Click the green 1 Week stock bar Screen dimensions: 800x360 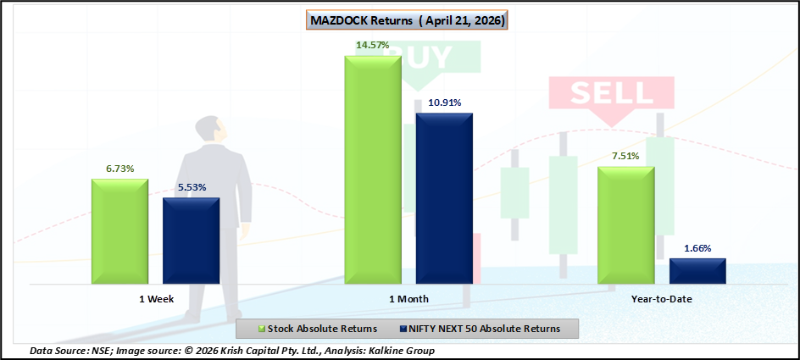click(x=119, y=231)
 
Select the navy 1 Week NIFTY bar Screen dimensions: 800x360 click(x=192, y=241)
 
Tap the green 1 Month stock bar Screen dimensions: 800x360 click(x=373, y=169)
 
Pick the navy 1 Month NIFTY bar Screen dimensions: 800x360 click(x=444, y=198)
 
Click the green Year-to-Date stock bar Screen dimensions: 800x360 click(x=626, y=224)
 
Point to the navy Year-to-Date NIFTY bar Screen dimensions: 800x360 click(x=697, y=271)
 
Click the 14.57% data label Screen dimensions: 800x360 click(x=373, y=46)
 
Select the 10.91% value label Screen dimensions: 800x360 click(x=444, y=102)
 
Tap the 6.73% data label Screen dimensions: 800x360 click(x=119, y=169)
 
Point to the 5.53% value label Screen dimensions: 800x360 click(x=192, y=187)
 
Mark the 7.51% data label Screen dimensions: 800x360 click(x=626, y=156)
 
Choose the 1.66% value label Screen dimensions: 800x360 click(x=697, y=248)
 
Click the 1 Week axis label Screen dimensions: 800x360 click(x=156, y=299)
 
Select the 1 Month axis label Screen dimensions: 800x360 click(x=408, y=299)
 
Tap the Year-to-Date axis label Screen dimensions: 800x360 click(x=662, y=299)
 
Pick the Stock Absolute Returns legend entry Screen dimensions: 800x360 click(x=319, y=329)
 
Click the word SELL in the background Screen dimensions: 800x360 click(x=611, y=93)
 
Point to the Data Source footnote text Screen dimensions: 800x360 click(x=232, y=351)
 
